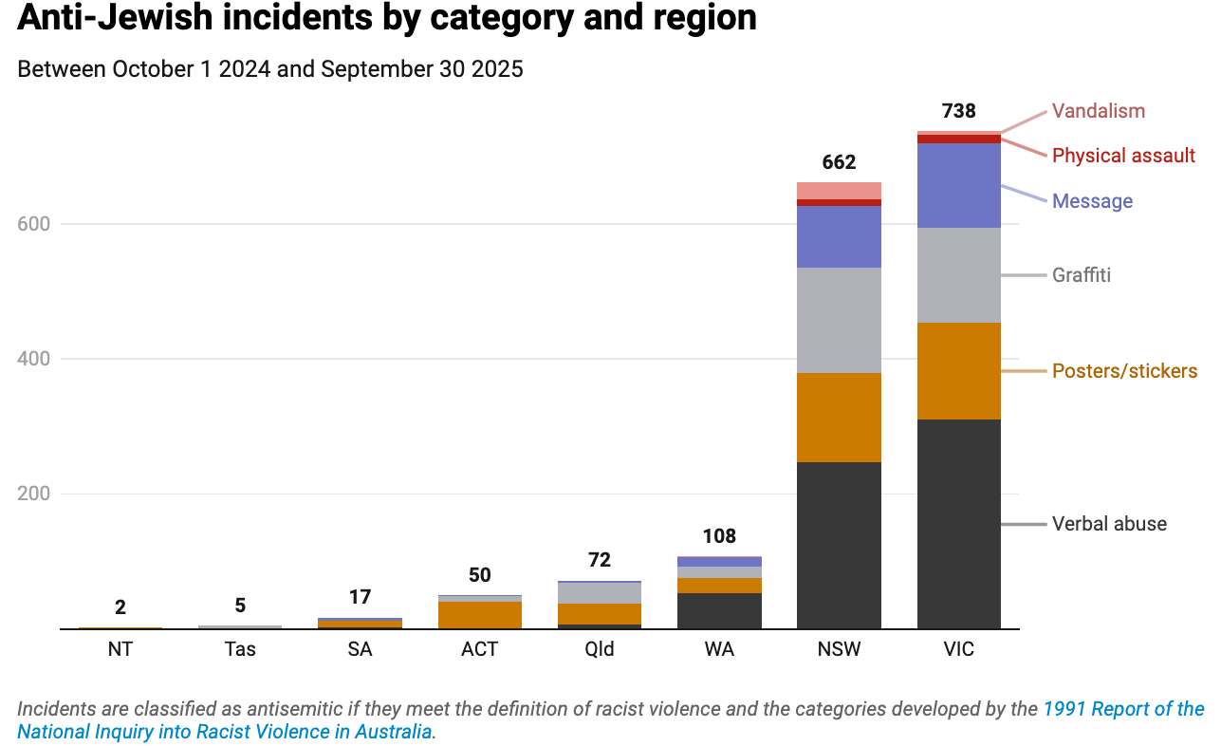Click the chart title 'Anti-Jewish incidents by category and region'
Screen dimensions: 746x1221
(x=387, y=18)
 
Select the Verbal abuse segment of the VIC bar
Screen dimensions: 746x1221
(x=958, y=523)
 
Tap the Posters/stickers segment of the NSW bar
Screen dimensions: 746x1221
(x=839, y=417)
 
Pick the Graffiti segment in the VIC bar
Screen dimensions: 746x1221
(x=958, y=274)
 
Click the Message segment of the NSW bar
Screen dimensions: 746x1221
(x=839, y=236)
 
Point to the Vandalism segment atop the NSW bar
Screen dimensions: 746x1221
(x=839, y=190)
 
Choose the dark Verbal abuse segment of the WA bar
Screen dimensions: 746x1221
(x=719, y=610)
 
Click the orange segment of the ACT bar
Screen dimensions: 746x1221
(x=480, y=614)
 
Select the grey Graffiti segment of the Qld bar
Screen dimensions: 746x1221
(x=600, y=592)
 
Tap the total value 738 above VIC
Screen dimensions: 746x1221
(x=958, y=111)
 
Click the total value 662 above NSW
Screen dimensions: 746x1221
(x=839, y=162)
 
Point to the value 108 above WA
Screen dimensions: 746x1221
(x=719, y=536)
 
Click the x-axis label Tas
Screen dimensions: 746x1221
(x=240, y=650)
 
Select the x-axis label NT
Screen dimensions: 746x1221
(x=120, y=650)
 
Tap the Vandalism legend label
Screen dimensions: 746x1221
(x=1099, y=111)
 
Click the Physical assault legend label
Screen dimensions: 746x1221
(x=1123, y=156)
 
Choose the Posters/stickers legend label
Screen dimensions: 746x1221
(x=1124, y=371)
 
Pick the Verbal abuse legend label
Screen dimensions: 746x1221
(x=1109, y=524)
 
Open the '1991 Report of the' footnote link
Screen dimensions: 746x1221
(x=1123, y=709)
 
